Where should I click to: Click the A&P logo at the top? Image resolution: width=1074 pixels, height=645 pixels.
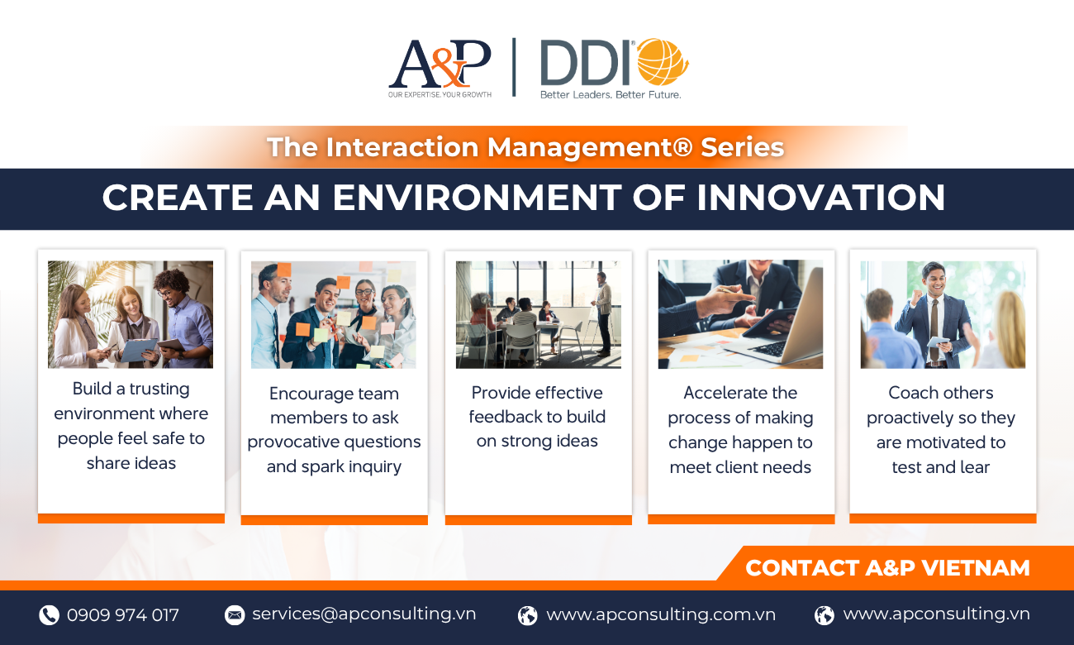click(x=440, y=68)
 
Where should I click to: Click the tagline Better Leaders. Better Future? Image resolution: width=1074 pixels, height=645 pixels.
click(x=611, y=94)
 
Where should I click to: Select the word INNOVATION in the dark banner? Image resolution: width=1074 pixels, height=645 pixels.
click(x=820, y=198)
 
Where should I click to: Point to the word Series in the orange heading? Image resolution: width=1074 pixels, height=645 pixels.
click(x=742, y=147)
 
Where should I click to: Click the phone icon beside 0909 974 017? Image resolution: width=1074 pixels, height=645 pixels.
click(x=49, y=614)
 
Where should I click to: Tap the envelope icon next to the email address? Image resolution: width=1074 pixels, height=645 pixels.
click(x=235, y=614)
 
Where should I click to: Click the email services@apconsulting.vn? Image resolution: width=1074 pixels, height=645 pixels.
click(x=364, y=614)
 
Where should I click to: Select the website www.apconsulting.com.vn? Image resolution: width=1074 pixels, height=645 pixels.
click(x=661, y=614)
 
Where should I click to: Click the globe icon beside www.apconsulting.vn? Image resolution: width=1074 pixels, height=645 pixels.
click(x=825, y=615)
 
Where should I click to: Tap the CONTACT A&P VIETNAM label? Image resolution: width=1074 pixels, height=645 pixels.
click(x=887, y=568)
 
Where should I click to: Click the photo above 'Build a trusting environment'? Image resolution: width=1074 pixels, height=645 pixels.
click(x=131, y=314)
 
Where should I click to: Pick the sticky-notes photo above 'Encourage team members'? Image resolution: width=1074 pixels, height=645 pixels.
click(x=334, y=315)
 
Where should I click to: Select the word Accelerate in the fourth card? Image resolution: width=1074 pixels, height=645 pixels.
click(x=717, y=393)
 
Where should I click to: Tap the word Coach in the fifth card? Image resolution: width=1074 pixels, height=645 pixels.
click(x=909, y=393)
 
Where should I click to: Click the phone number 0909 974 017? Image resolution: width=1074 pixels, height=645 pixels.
click(x=123, y=615)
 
